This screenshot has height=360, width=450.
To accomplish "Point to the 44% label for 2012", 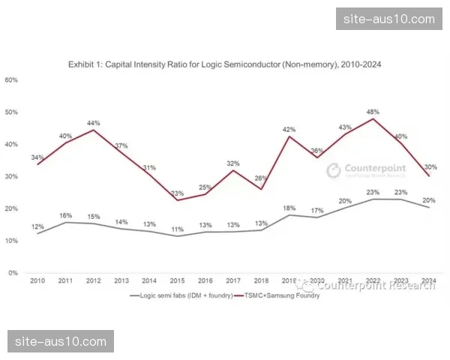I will click(x=93, y=123).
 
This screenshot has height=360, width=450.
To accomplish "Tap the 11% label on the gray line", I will click(x=177, y=229).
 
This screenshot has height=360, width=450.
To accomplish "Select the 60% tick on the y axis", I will click(x=11, y=80).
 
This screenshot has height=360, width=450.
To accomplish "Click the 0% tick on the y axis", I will click(x=13, y=273).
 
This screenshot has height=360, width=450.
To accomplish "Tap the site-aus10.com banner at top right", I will click(x=387, y=18).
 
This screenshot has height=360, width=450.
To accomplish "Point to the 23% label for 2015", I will click(x=177, y=193).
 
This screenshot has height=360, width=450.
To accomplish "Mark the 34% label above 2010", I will click(x=37, y=157).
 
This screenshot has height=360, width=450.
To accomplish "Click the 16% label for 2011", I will click(x=65, y=215).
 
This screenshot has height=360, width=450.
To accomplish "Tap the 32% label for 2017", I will click(x=232, y=163).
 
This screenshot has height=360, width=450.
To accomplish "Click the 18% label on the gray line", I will click(x=288, y=208).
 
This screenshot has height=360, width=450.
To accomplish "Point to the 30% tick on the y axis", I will click(x=11, y=176).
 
